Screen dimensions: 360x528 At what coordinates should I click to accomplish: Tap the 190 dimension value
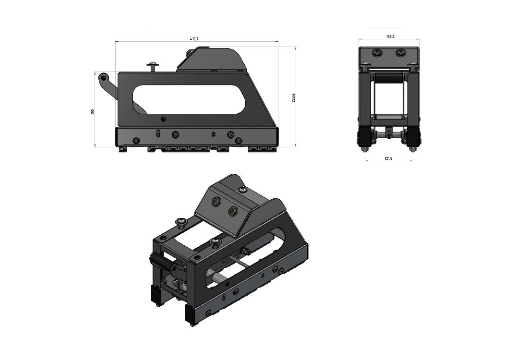pos(93,111)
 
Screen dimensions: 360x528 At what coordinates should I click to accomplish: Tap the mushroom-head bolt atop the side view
pos(154,65)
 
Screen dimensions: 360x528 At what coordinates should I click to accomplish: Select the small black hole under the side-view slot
pos(164,119)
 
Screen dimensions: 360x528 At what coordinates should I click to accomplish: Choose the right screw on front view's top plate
pos(400,53)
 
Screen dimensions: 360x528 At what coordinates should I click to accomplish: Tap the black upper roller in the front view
pos(389,78)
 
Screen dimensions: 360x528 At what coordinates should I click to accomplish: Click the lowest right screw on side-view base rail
pos(239,141)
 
